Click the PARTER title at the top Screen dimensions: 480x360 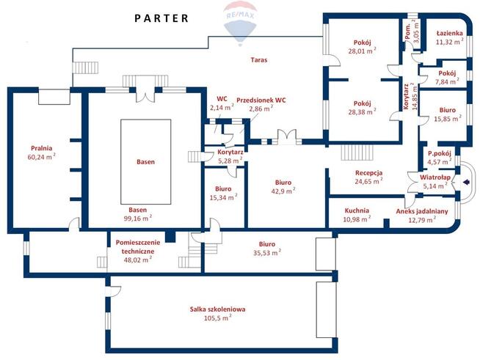coord(161,18)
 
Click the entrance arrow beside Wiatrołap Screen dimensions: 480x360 coord(466,183)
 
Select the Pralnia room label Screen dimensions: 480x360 coord(42,148)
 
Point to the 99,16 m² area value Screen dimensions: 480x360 coord(137,218)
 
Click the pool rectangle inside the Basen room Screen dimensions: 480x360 coord(146,161)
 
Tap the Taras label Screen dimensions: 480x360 coord(259,60)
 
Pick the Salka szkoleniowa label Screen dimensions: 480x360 coord(218,309)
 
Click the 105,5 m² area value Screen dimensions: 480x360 coord(218,317)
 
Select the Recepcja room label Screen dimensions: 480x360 coord(368,173)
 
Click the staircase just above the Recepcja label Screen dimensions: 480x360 coord(357,153)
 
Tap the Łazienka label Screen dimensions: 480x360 coord(450,33)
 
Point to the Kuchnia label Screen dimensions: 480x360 coord(357,210)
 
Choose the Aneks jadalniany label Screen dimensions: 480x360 coord(422,211)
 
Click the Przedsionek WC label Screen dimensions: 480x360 coord(261,100)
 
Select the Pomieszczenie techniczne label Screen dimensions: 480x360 coord(138,247)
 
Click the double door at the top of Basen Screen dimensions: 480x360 coord(145,95)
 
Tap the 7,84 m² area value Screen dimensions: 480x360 coord(447,81)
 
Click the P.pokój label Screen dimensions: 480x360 coord(440,153)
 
